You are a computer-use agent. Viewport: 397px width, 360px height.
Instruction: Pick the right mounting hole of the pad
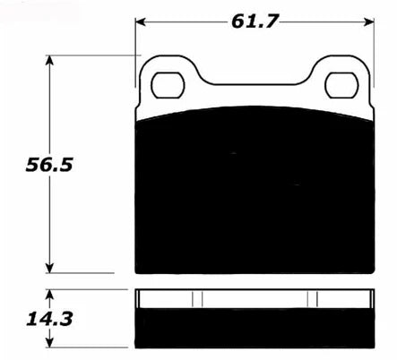[x=342, y=85]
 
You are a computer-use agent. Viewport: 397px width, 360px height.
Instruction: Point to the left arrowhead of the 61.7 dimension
[x=141, y=21]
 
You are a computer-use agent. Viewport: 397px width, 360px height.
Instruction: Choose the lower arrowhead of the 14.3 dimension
[x=50, y=344]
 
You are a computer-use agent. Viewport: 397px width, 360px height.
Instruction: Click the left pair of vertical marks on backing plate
[x=198, y=299]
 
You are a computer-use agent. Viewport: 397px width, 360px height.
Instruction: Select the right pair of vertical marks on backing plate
[x=313, y=299]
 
